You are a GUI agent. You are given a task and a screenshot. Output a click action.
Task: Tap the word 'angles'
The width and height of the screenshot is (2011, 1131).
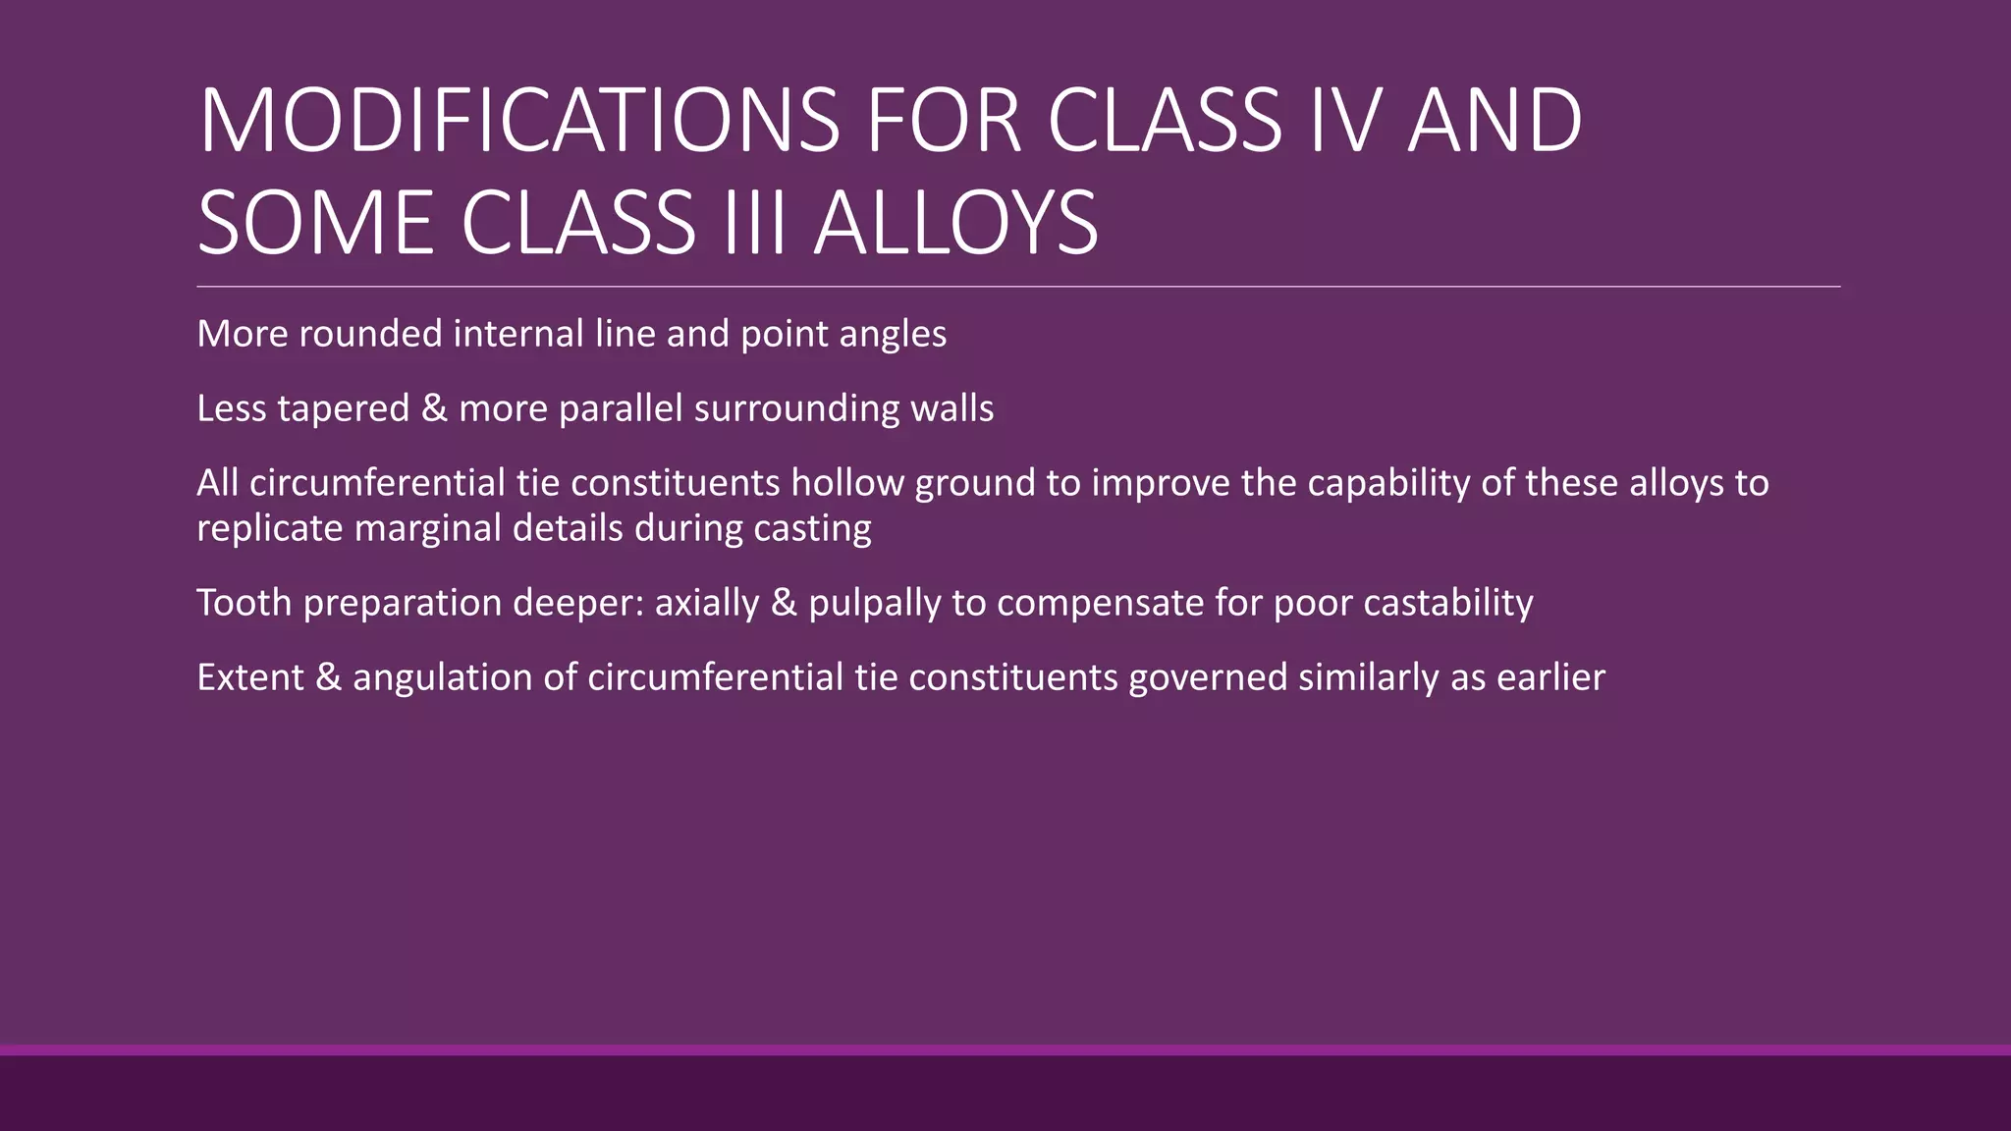(893, 334)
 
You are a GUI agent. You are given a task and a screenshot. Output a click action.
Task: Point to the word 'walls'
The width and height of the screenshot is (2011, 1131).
(951, 408)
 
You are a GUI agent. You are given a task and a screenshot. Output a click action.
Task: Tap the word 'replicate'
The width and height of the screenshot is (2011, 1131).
(269, 528)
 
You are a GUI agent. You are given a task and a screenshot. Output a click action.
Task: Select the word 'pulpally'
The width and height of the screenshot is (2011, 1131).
(875, 603)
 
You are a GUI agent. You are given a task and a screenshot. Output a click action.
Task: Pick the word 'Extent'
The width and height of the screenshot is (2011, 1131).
(250, 677)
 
